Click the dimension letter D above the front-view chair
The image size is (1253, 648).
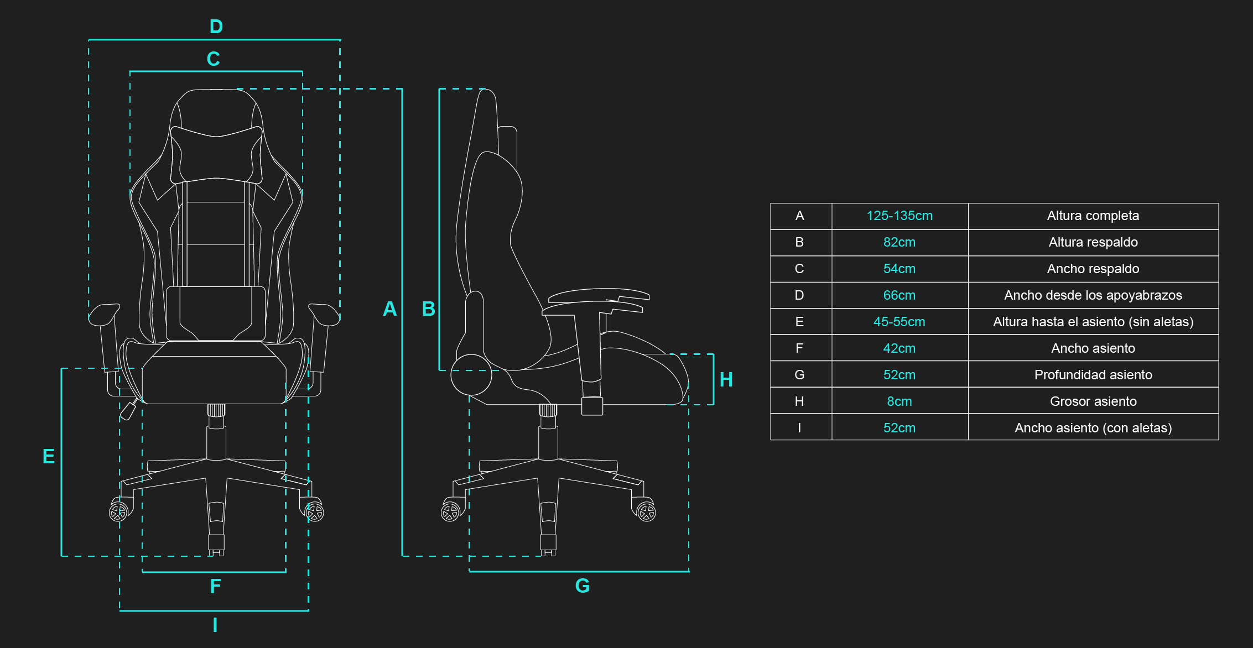pyautogui.click(x=216, y=27)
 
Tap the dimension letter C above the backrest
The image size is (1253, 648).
pyautogui.click(x=214, y=59)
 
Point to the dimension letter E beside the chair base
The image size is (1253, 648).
pyautogui.click(x=49, y=457)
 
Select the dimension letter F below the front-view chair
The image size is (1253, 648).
pyautogui.click(x=215, y=586)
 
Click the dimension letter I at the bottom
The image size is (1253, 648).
pyautogui.click(x=215, y=625)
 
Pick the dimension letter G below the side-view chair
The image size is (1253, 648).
pyautogui.click(x=583, y=586)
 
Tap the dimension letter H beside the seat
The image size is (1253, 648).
pyautogui.click(x=726, y=379)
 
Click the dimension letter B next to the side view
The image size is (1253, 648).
pyautogui.click(x=428, y=309)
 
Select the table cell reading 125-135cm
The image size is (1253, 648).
pyautogui.click(x=900, y=216)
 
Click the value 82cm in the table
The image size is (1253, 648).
pyautogui.click(x=900, y=242)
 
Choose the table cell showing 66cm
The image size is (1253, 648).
pyautogui.click(x=900, y=295)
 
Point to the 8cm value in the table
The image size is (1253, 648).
pyautogui.click(x=900, y=401)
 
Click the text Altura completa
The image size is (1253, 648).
pyautogui.click(x=1093, y=216)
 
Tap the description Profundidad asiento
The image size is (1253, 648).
pyautogui.click(x=1093, y=375)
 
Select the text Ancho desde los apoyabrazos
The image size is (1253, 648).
pyautogui.click(x=1093, y=295)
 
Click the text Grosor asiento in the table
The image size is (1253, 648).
pyautogui.click(x=1093, y=401)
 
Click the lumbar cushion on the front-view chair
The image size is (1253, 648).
pyautogui.click(x=216, y=312)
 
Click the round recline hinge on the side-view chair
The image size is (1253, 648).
pyautogui.click(x=471, y=375)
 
